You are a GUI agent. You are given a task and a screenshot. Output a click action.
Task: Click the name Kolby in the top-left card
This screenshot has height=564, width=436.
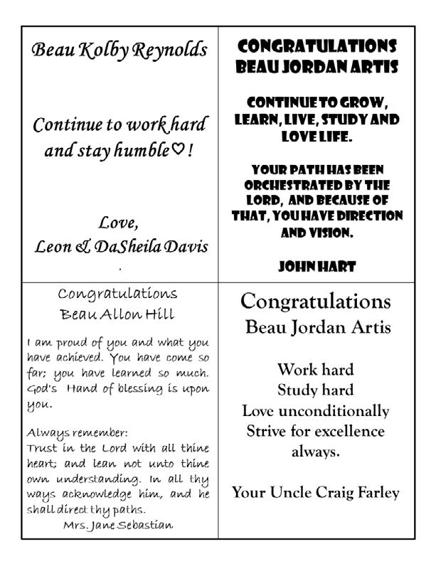pyautogui.click(x=98, y=50)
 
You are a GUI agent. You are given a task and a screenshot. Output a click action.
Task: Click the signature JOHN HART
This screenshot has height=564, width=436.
pyautogui.click(x=317, y=267)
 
